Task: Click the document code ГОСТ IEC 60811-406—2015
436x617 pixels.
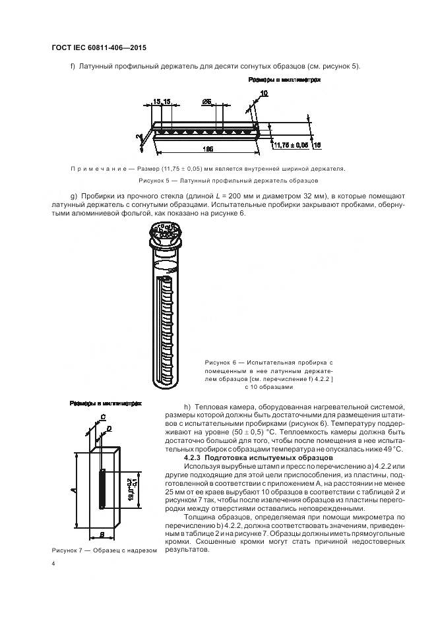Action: click(x=98, y=48)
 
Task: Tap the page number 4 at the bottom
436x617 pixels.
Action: click(x=53, y=564)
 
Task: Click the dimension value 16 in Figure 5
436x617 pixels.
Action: click(x=317, y=144)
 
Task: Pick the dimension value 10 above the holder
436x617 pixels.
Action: click(x=264, y=94)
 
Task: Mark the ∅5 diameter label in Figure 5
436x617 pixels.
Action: click(x=206, y=103)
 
